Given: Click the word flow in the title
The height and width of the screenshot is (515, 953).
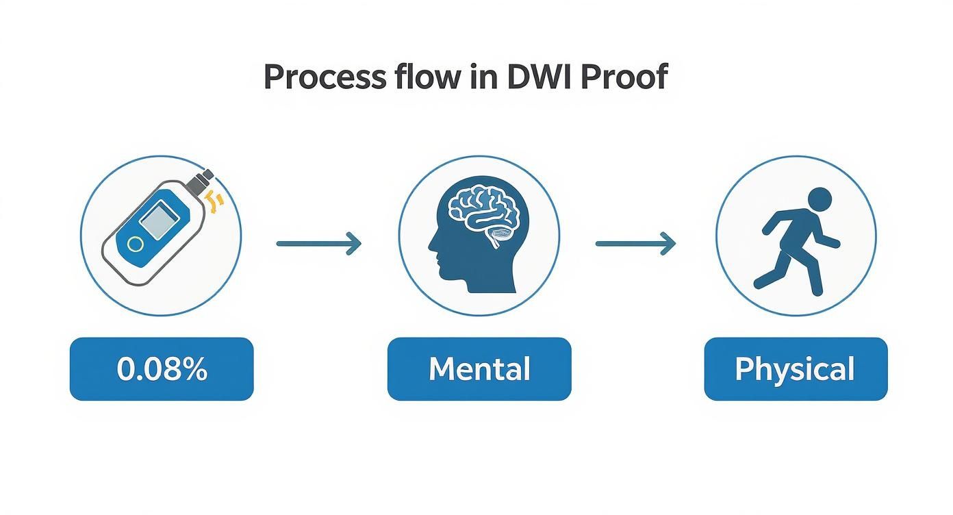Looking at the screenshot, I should [x=424, y=77].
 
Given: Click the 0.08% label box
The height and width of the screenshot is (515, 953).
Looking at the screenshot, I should [x=162, y=369].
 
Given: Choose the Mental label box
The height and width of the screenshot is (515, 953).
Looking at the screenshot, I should [x=479, y=369].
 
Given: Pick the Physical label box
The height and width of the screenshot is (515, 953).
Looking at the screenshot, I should [x=796, y=369].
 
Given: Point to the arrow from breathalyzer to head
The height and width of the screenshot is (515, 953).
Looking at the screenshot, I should [x=318, y=243].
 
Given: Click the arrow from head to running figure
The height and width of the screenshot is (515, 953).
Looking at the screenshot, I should [x=635, y=243].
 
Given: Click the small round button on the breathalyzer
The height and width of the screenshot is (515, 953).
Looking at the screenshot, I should [x=136, y=244].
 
